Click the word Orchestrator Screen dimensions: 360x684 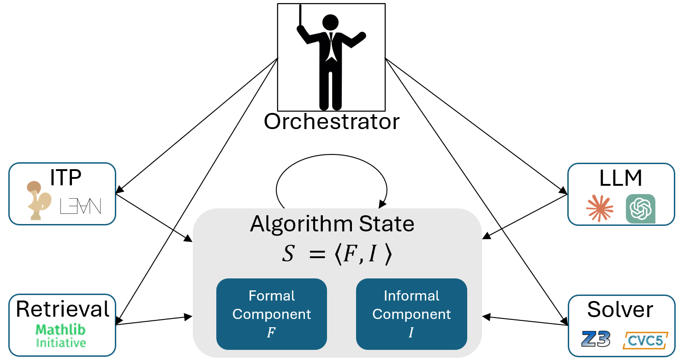pyautogui.click(x=331, y=121)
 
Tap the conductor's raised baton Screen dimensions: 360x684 pyautogui.click(x=301, y=16)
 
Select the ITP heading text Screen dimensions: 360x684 pyautogui.click(x=65, y=177)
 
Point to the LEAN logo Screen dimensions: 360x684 pyautogui.click(x=80, y=206)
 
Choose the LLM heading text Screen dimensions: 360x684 pyautogui.click(x=621, y=178)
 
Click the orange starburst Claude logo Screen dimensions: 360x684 pyautogui.click(x=600, y=208)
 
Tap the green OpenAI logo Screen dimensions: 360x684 pyautogui.click(x=640, y=208)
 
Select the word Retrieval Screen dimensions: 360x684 pyautogui.click(x=63, y=309)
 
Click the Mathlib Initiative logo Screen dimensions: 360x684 pyautogui.click(x=61, y=336)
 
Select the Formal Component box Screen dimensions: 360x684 pyautogui.click(x=271, y=313)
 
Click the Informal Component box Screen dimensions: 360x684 pyautogui.click(x=411, y=313)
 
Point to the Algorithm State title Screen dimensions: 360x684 pyautogui.click(x=332, y=224)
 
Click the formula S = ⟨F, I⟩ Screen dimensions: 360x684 pyautogui.click(x=337, y=255)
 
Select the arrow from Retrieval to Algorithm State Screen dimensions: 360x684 pyautogui.click(x=155, y=320)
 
